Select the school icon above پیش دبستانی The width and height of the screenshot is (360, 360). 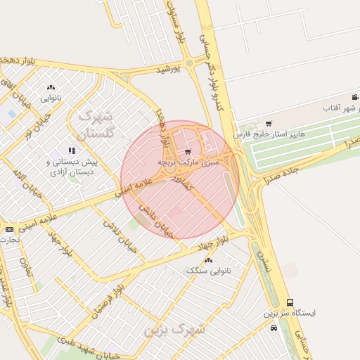pos(71,150)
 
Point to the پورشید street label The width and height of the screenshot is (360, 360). pos(169,69)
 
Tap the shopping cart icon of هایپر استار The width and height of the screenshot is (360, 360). pos(269,124)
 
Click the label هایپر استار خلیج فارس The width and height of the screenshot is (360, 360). pos(267,134)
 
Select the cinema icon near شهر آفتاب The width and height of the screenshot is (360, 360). pos(354,97)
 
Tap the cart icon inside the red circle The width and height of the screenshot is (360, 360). pos(187,151)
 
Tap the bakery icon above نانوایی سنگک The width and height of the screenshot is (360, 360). pos(208,260)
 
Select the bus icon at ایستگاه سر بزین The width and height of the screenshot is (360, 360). pos(290,302)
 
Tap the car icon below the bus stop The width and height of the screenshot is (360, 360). pos(273,327)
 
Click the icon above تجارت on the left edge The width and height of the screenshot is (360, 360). pos(9,229)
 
